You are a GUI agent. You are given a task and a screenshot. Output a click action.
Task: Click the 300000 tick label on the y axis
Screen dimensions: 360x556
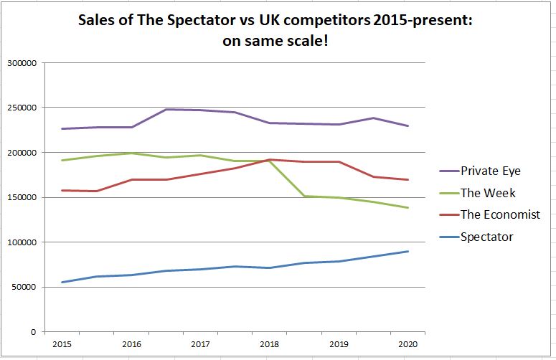click(x=22, y=63)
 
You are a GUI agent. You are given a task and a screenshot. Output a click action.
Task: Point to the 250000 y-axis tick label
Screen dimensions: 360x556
click(x=22, y=108)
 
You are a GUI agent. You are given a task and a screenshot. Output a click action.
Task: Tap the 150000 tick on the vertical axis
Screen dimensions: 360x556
click(x=22, y=197)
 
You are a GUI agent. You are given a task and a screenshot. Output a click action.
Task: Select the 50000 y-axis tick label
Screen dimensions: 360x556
click(x=24, y=288)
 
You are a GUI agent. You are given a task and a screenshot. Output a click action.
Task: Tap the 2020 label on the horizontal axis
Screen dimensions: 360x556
click(x=408, y=344)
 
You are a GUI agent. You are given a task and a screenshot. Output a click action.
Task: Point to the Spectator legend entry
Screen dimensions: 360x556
click(x=487, y=237)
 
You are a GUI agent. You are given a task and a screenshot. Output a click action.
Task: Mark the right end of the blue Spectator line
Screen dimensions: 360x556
click(x=408, y=252)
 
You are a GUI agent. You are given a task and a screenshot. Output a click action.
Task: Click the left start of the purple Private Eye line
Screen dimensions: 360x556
click(x=62, y=129)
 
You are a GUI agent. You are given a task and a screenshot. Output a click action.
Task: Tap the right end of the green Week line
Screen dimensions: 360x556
click(x=408, y=208)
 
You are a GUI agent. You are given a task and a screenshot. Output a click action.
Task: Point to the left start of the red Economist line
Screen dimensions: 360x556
click(x=62, y=190)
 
